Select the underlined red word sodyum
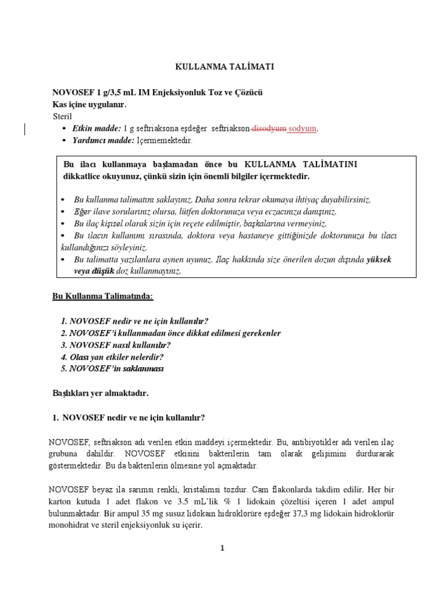[x=303, y=129]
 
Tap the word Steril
[x=63, y=116]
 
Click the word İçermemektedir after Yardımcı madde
[x=164, y=141]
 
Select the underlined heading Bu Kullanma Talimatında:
[x=103, y=296]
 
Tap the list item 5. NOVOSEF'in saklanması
[x=112, y=369]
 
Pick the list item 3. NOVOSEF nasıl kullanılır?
[x=116, y=345]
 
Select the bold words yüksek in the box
[x=379, y=259]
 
